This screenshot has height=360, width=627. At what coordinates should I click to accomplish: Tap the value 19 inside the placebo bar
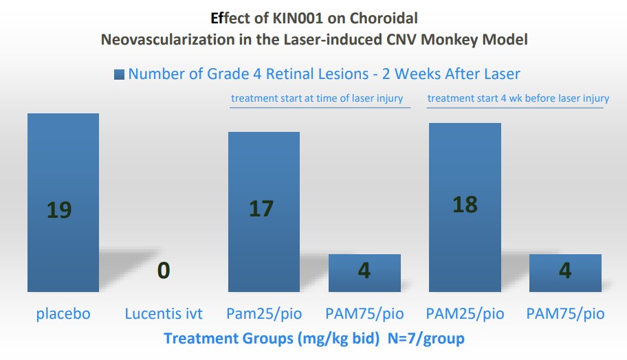click(59, 210)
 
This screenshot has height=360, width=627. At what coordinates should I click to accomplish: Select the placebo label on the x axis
click(63, 315)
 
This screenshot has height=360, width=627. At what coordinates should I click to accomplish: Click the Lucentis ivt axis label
click(164, 315)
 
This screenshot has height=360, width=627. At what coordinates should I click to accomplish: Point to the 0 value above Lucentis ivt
click(163, 271)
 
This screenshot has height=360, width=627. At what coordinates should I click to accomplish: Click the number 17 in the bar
click(261, 208)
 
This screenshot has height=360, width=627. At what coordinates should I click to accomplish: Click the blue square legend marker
click(119, 74)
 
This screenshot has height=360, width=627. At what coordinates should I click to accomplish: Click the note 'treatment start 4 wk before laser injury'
click(518, 98)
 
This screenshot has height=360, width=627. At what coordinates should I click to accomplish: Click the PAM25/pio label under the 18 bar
click(465, 315)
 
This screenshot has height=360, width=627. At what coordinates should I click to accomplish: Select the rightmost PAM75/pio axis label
click(565, 315)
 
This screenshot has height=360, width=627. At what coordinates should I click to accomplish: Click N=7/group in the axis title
click(423, 338)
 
